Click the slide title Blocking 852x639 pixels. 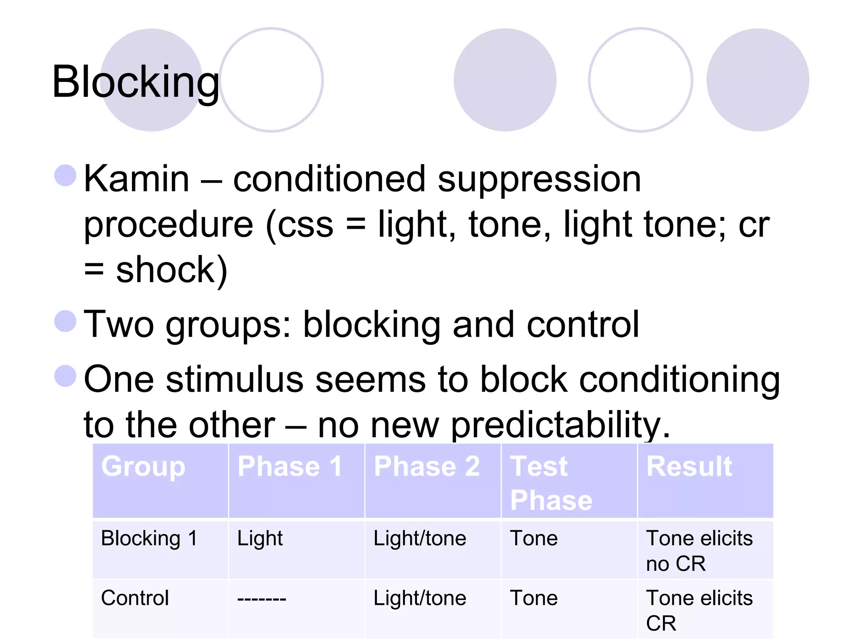pos(135,82)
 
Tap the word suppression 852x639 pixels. pos(539,180)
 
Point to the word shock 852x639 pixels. pos(166,270)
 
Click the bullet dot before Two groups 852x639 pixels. pos(65,321)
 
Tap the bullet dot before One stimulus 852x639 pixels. pos(65,376)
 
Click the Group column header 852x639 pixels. pos(143,466)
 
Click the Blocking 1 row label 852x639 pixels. pos(149,538)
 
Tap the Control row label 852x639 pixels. pos(135,598)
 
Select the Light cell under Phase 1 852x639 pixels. pos(260,539)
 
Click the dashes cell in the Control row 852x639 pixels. pos(261,599)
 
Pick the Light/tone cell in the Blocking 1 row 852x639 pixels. pos(420,539)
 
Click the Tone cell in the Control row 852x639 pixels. pos(533,598)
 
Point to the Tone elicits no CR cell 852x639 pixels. pos(699,551)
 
